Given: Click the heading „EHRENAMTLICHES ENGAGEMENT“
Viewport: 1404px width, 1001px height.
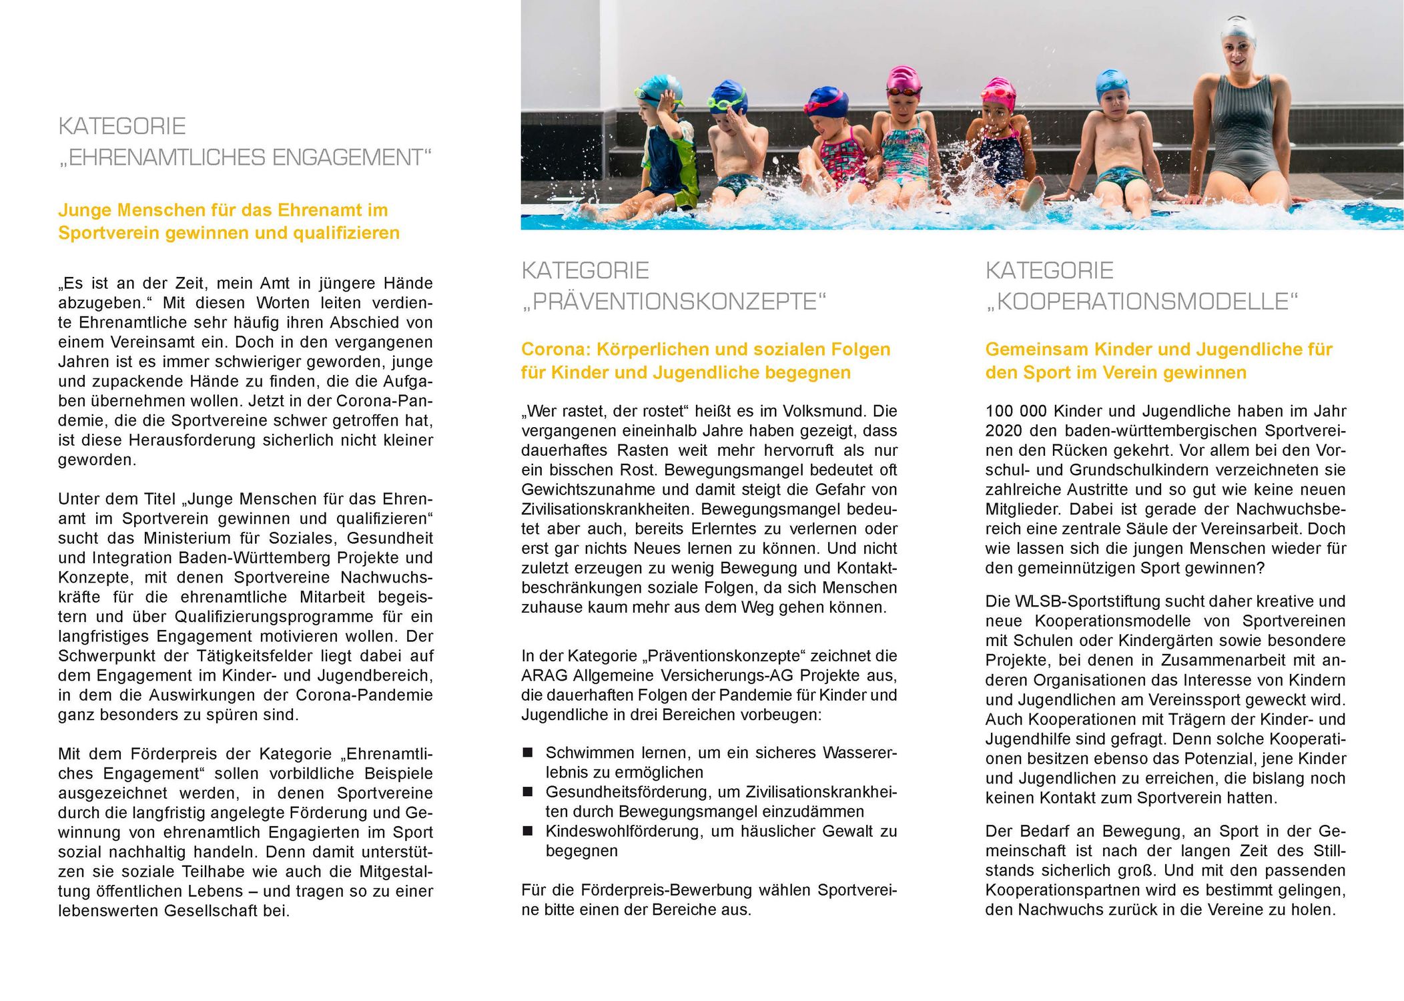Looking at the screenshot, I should point(245,157).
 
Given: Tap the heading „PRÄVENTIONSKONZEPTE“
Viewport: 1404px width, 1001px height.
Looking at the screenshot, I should point(674,302).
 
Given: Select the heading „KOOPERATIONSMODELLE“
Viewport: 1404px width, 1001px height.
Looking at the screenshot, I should point(1142,302).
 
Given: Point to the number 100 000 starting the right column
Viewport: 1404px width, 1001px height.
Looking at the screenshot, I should point(1016,411).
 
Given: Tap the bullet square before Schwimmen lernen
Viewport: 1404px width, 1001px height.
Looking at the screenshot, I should point(528,753).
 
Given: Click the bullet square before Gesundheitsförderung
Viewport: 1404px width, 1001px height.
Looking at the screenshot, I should point(528,792).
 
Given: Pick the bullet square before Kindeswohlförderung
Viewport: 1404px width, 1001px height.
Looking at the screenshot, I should point(528,831).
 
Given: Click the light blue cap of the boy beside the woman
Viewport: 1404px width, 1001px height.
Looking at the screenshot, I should point(1112,81).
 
